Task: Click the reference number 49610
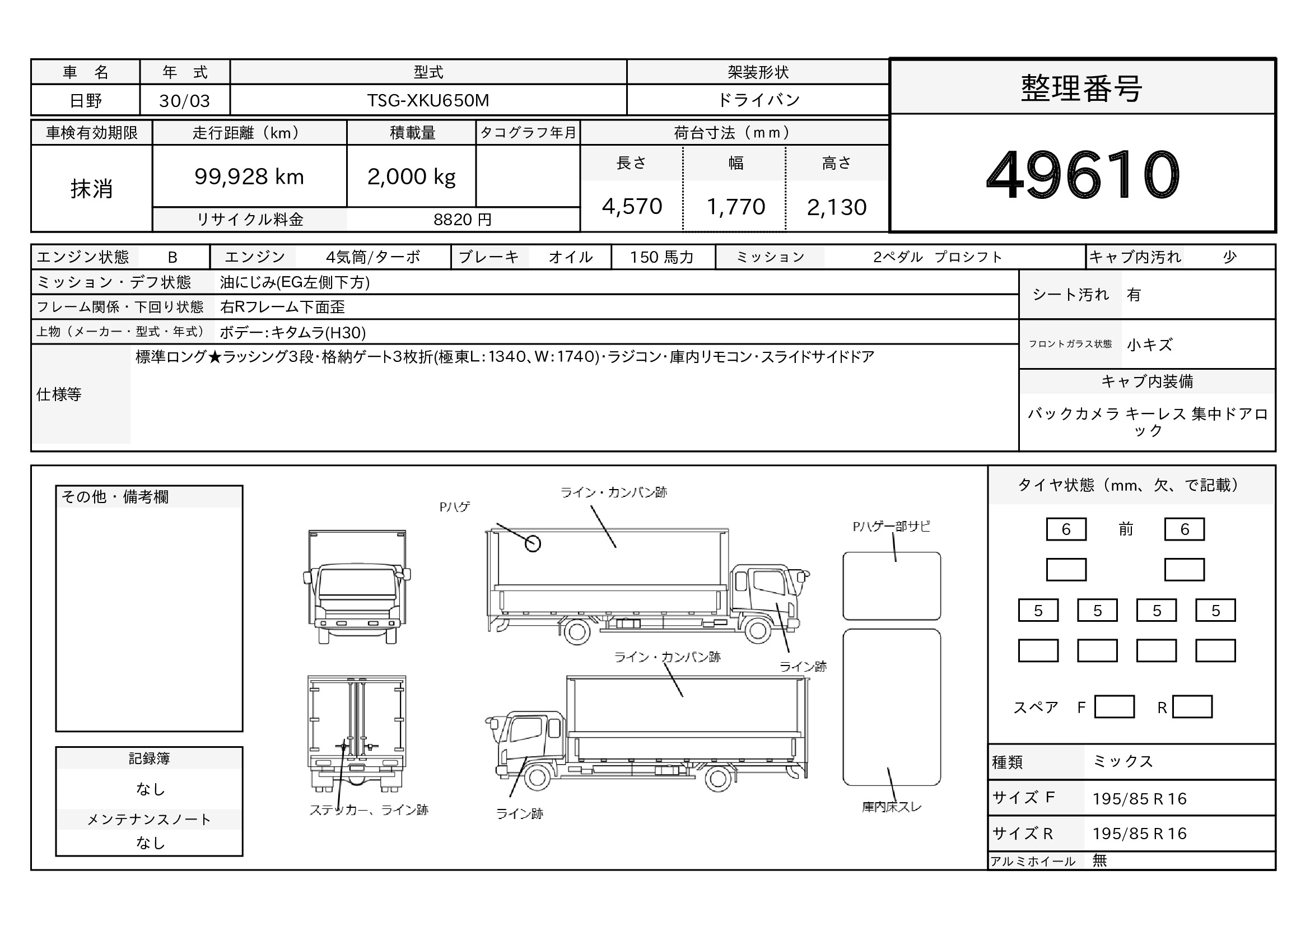pyautogui.click(x=1083, y=175)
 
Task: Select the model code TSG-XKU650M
pyautogui.click(x=428, y=100)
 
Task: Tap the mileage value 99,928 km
pyautogui.click(x=249, y=177)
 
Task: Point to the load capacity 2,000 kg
pyautogui.click(x=412, y=177)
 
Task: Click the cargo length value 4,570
pyautogui.click(x=632, y=207)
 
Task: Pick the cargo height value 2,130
pyautogui.click(x=837, y=207)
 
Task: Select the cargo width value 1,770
pyautogui.click(x=735, y=207)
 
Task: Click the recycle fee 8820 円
pyautogui.click(x=462, y=220)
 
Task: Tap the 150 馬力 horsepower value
pyautogui.click(x=662, y=257)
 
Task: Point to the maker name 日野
pyautogui.click(x=86, y=101)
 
